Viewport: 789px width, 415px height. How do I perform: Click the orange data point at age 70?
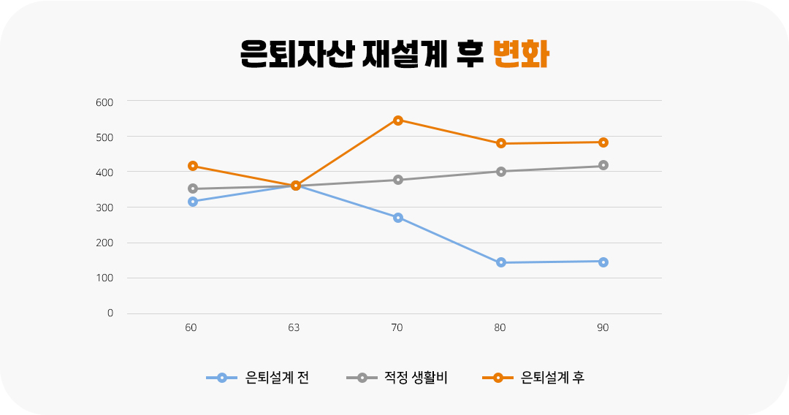pyautogui.click(x=398, y=121)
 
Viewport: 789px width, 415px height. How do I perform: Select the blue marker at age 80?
pyautogui.click(x=501, y=262)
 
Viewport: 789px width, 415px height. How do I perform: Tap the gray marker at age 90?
pyautogui.click(x=603, y=165)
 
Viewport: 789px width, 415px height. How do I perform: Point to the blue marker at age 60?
pyautogui.click(x=193, y=202)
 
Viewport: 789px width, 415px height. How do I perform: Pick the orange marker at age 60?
pyautogui.click(x=193, y=166)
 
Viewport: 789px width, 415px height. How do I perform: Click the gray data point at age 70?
pyautogui.click(x=398, y=180)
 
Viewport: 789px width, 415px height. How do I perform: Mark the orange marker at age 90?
pyautogui.click(x=603, y=142)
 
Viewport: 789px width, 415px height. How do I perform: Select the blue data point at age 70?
pyautogui.click(x=398, y=218)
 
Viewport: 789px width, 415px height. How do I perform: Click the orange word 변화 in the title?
pyautogui.click(x=521, y=53)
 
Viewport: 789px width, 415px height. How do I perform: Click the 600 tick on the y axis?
pyautogui.click(x=104, y=102)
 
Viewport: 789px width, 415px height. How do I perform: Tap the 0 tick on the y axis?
pyautogui.click(x=110, y=313)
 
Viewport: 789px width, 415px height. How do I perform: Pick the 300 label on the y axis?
pyautogui.click(x=104, y=207)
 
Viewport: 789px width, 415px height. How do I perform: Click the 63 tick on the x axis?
pyautogui.click(x=294, y=328)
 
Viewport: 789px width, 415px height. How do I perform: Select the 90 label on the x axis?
pyautogui.click(x=603, y=328)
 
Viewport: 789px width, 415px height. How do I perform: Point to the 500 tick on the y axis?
pyautogui.click(x=104, y=137)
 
